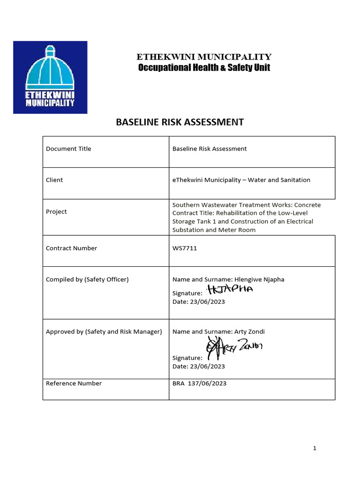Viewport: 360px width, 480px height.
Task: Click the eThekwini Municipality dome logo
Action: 50,77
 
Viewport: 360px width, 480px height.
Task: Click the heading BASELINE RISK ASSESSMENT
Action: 180,122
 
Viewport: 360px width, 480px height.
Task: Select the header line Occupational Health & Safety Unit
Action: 204,68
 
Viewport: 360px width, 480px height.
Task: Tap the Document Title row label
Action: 68,149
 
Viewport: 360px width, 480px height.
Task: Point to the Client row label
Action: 54,180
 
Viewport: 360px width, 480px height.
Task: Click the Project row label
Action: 56,212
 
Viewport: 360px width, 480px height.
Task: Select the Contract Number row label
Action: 71,248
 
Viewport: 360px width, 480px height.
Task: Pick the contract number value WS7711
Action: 185,248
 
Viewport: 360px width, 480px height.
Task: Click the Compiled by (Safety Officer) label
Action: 87,279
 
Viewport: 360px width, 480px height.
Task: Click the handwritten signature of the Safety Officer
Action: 230,290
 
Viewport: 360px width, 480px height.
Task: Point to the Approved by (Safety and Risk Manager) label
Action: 104,332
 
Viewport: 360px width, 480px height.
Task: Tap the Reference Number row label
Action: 74,383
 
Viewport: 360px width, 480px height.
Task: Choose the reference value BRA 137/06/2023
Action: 199,383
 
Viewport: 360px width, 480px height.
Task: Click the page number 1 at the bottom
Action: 315,449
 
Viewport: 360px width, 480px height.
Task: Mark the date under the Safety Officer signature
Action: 199,302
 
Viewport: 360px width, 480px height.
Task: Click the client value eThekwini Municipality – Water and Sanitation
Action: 241,180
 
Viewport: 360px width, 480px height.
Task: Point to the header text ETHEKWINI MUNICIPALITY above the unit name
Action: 204,57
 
